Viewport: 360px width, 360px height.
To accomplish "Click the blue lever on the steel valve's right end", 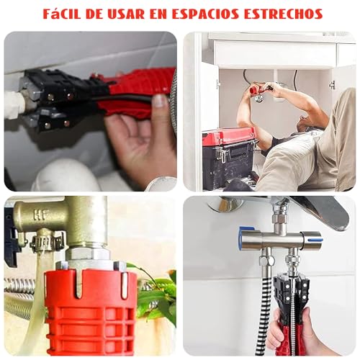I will [x=314, y=235].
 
